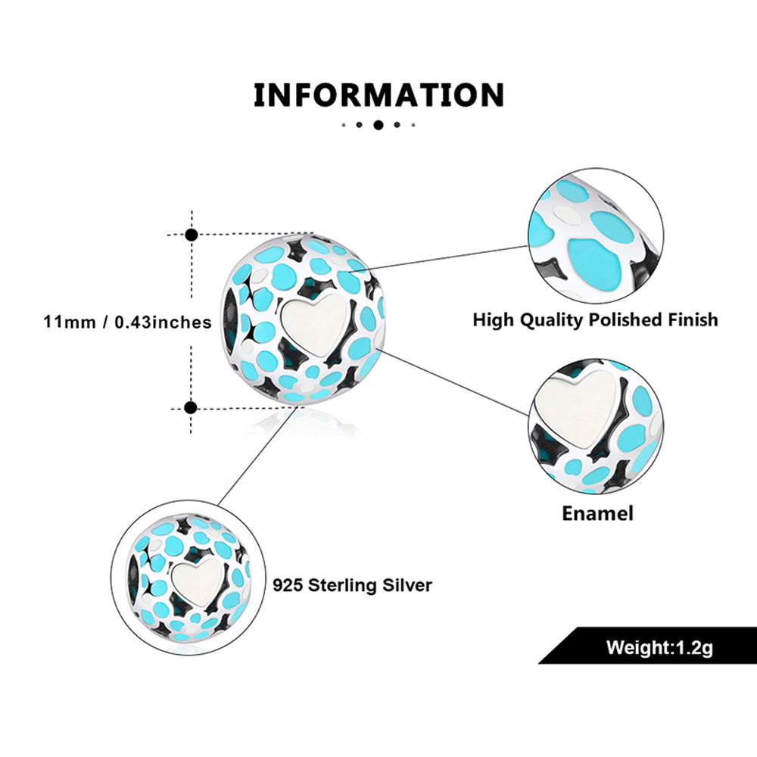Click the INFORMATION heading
coord(378,96)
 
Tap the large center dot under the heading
coord(378,125)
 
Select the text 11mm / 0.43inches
coord(127,322)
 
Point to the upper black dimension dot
coord(192,235)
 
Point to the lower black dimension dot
coord(191,408)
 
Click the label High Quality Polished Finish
coord(595,319)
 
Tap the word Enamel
coord(597,513)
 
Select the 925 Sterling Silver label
coord(352,585)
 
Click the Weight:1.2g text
coord(659,648)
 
